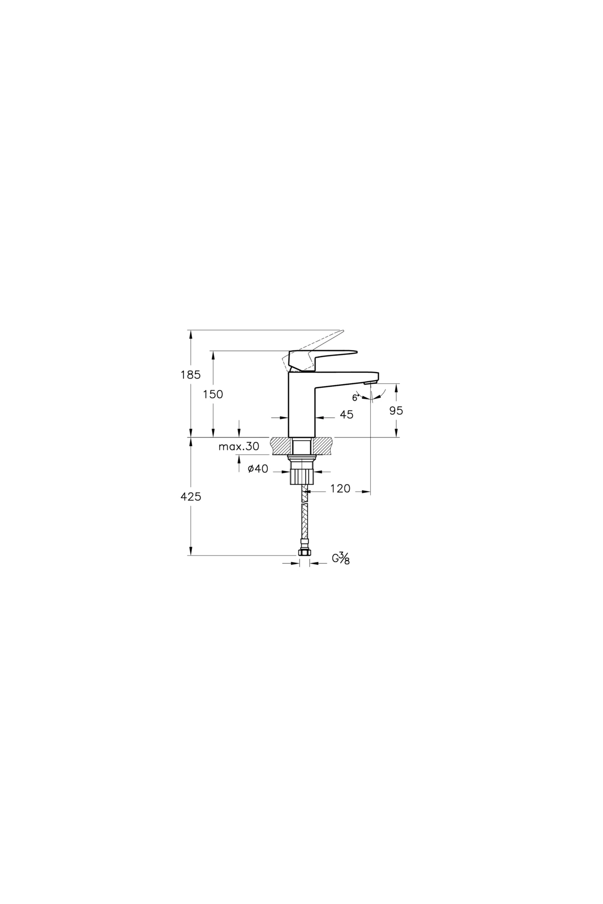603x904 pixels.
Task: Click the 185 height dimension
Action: point(190,375)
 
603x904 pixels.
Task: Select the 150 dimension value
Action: point(213,395)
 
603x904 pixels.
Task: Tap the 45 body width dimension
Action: point(346,414)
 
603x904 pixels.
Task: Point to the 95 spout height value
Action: point(396,410)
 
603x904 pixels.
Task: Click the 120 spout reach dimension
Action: point(340,489)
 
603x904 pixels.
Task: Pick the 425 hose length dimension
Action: point(191,497)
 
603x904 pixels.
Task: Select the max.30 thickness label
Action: point(239,446)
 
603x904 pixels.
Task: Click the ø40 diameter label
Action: point(258,469)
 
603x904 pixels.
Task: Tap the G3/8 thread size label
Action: point(340,558)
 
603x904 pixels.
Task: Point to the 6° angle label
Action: point(355,398)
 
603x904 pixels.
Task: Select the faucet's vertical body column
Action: point(301,407)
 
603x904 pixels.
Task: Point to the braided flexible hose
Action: point(304,517)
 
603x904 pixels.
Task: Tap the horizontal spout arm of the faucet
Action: point(347,378)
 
